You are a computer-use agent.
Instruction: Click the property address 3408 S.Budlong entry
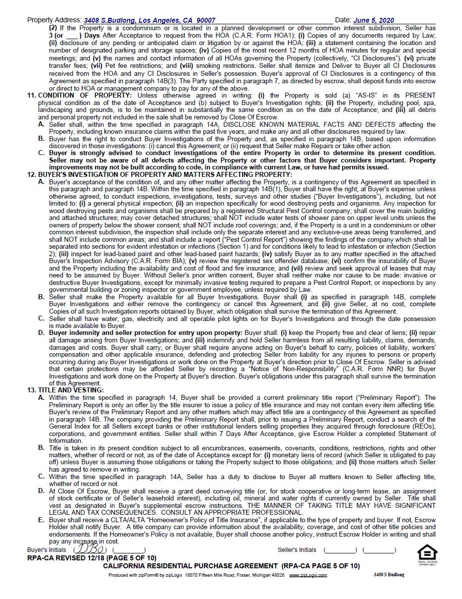pos(149,20)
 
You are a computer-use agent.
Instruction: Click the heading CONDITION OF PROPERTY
pos(85,95)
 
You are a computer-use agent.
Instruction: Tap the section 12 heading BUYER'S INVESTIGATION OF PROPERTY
pos(165,174)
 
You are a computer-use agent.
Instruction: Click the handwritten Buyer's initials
pos(89,549)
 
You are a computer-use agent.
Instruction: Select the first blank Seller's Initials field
pos(340,550)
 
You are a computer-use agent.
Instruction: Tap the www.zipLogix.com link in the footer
pos(308,575)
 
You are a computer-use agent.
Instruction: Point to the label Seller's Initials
pos(297,550)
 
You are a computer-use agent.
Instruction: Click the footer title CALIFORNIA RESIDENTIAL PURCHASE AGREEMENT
pos(190,566)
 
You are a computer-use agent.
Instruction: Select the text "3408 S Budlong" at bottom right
pos(389,575)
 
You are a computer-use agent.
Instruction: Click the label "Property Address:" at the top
pos(54,20)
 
